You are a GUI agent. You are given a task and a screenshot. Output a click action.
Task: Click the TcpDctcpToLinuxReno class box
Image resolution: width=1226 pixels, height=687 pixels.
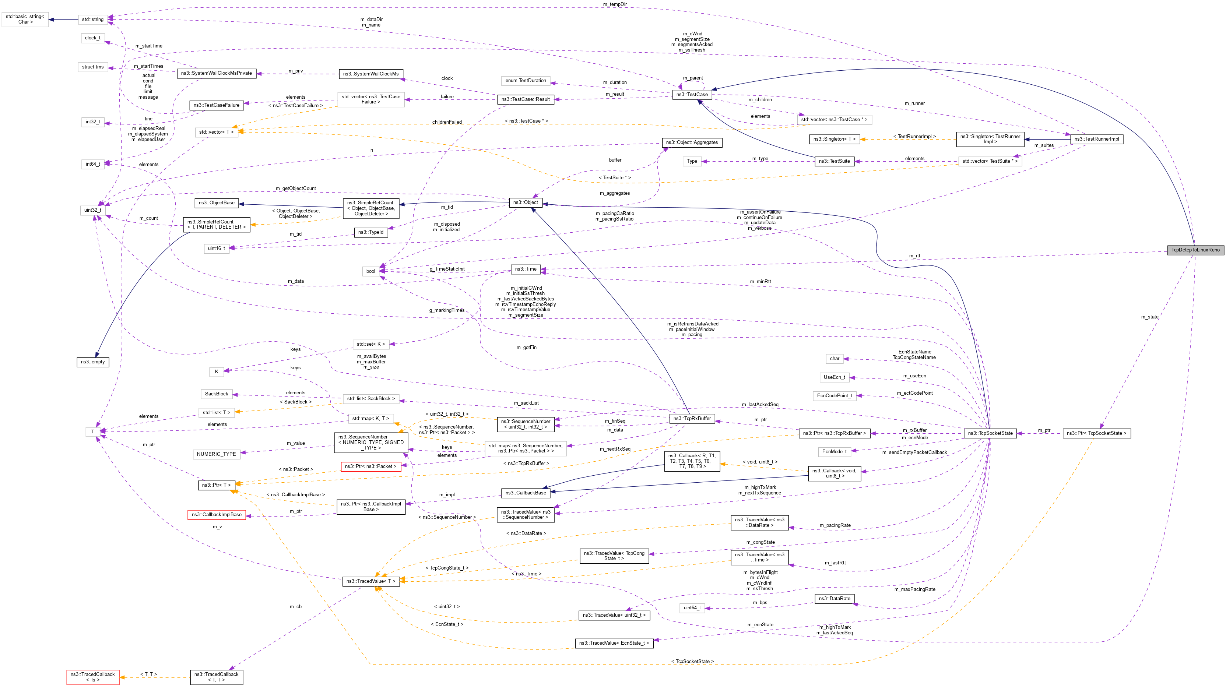click(x=1195, y=250)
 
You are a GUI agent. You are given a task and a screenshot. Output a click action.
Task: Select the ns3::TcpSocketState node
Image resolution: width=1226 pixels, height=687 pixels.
click(x=990, y=433)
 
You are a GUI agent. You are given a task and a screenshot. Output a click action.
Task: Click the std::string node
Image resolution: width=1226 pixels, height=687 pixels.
click(x=92, y=20)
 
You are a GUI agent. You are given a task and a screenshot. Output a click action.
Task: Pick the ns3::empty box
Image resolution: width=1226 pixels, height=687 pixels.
click(x=93, y=362)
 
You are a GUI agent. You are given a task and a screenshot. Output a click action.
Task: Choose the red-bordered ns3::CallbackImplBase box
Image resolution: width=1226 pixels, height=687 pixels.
click(x=217, y=514)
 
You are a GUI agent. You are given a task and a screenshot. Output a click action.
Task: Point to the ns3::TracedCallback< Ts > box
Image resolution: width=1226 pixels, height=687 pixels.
click(x=93, y=677)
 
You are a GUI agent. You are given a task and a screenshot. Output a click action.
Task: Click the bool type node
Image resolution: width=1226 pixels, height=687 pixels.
click(x=371, y=271)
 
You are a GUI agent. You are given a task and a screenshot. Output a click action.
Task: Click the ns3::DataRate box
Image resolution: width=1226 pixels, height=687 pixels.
click(x=834, y=599)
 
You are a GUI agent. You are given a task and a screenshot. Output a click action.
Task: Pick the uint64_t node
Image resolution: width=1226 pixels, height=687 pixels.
click(x=692, y=607)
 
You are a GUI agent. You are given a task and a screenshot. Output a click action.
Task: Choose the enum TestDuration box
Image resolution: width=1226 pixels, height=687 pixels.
click(x=526, y=80)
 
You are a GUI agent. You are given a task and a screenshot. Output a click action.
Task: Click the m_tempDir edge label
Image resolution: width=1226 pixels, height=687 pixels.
click(x=615, y=4)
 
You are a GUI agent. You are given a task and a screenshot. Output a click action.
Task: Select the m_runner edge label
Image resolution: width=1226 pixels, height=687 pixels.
click(x=915, y=103)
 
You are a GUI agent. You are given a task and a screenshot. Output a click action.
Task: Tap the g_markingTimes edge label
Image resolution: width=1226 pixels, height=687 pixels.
click(x=447, y=310)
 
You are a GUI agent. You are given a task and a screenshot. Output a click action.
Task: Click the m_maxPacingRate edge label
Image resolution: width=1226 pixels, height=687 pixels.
click(x=915, y=589)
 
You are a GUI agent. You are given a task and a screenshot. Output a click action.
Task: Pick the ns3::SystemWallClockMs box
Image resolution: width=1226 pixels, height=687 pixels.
click(x=371, y=74)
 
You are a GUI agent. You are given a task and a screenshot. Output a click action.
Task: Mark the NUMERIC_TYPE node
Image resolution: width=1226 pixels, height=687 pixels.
click(x=217, y=454)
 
